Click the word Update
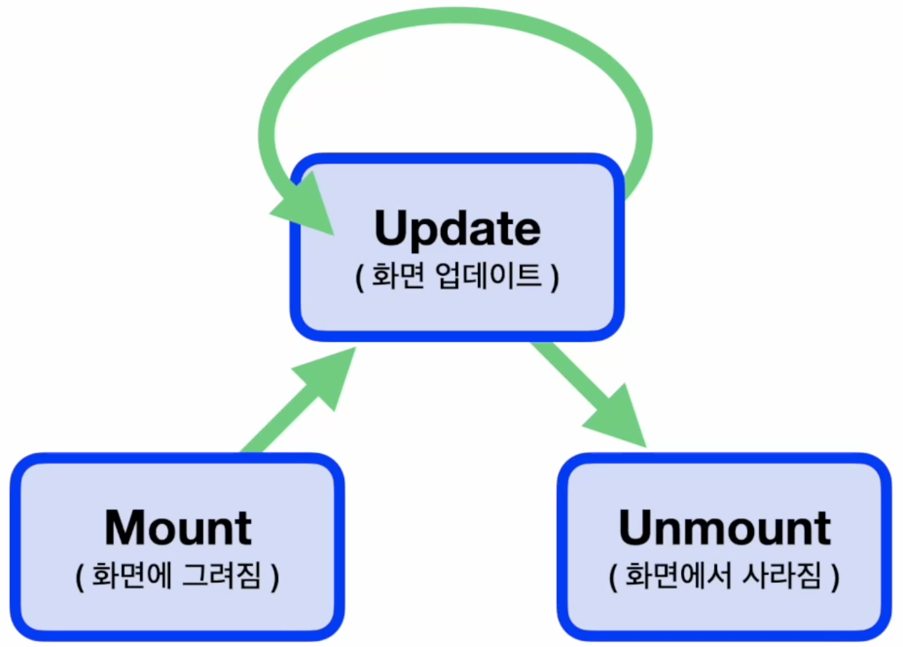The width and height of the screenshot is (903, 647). coord(457,229)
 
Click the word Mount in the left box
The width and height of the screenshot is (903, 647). coord(178,528)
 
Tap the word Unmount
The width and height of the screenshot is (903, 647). coord(724,528)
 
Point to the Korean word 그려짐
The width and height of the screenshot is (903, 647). coord(222,576)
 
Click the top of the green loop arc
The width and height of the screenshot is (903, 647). coord(455,16)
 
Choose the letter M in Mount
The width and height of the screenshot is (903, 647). coord(125,528)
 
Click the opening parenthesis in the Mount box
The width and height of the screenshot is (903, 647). coord(80,577)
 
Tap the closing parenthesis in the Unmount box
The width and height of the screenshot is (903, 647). coord(835,577)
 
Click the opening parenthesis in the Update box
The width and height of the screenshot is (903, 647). coord(360,277)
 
